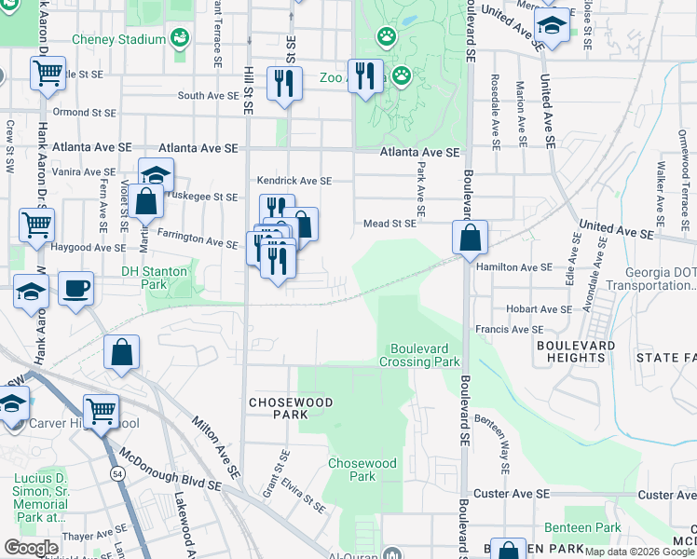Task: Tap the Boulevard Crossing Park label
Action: tap(419, 354)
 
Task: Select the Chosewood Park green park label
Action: tap(362, 470)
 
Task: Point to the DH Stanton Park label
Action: tap(155, 272)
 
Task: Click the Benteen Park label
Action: tap(594, 527)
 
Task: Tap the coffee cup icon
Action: tap(75, 288)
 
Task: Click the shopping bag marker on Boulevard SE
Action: tap(471, 238)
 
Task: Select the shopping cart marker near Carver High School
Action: tap(101, 411)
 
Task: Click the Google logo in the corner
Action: tap(31, 547)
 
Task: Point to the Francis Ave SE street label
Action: tap(509, 329)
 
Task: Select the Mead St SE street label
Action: tap(389, 224)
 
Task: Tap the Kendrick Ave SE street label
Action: tap(294, 181)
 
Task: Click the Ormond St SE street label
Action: tap(84, 113)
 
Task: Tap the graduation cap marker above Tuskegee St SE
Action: tap(156, 174)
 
